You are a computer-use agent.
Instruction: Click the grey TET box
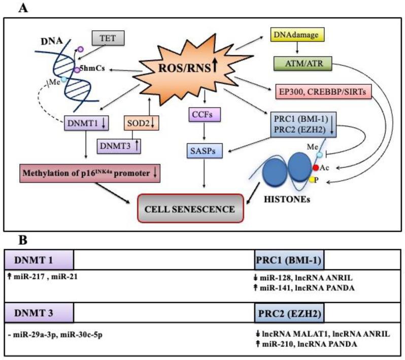[x=108, y=38]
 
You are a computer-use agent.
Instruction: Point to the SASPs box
[x=204, y=150]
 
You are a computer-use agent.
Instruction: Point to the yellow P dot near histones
[x=312, y=179]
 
